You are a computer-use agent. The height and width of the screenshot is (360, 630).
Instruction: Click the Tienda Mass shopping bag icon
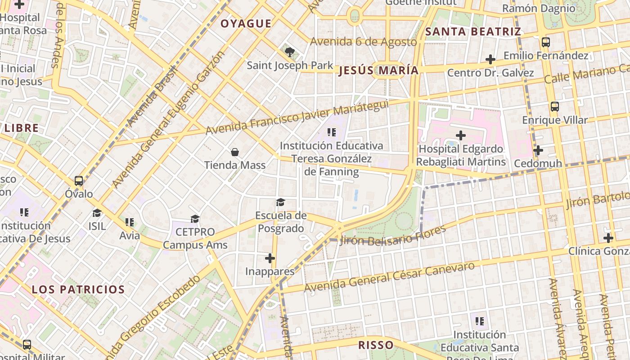(234, 152)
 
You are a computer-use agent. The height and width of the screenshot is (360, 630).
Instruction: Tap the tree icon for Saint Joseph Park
(290, 52)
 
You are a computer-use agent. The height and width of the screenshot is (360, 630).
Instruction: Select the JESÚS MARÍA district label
(378, 71)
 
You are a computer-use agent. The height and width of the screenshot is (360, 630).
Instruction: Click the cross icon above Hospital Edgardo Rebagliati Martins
(461, 135)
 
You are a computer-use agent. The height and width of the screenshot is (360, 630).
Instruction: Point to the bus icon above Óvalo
(79, 181)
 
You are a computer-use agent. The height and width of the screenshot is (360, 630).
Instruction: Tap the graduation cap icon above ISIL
(97, 213)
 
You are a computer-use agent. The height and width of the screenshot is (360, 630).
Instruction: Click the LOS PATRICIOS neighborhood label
(78, 289)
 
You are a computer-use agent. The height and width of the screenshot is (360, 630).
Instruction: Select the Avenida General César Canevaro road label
(389, 277)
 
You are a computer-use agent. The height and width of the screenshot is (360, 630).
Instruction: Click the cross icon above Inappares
(270, 258)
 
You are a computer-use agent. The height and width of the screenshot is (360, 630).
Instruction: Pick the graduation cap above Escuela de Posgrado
(280, 202)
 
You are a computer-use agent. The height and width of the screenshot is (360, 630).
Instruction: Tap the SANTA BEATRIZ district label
(473, 32)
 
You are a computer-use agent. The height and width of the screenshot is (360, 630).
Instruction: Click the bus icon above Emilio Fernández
(546, 42)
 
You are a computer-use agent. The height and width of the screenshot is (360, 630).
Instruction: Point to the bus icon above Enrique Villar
(555, 107)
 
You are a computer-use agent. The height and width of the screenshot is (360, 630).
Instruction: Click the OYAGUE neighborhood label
(246, 24)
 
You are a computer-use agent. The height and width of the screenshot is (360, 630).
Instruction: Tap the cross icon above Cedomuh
(538, 150)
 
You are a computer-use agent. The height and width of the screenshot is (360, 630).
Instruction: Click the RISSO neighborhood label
(376, 345)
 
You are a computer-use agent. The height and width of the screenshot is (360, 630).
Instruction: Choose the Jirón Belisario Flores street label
(393, 235)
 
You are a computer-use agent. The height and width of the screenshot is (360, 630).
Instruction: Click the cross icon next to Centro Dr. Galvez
(490, 59)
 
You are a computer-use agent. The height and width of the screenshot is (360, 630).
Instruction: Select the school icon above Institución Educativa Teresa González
(332, 132)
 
